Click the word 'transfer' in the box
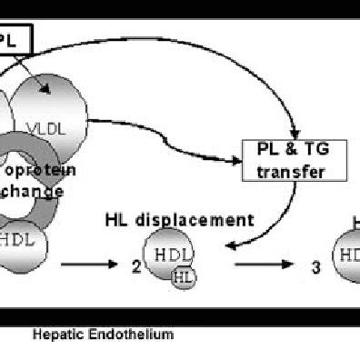[x=285, y=170]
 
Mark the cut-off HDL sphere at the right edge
[x=346, y=255]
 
